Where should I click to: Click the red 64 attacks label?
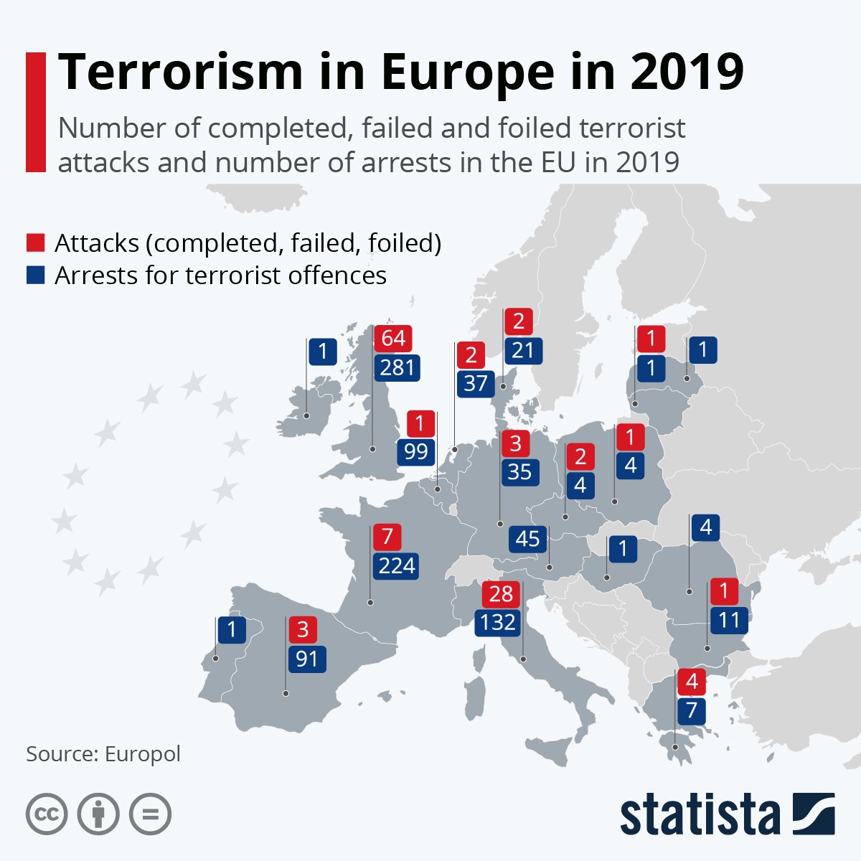click(393, 338)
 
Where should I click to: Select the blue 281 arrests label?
click(397, 367)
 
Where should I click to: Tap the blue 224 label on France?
click(396, 566)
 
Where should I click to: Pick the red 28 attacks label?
click(501, 594)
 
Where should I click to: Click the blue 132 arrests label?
click(497, 622)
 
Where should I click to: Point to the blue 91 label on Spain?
click(306, 659)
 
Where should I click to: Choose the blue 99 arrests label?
click(416, 452)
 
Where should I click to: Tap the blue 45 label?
click(528, 539)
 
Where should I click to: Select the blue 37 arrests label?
click(475, 383)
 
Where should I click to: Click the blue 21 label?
click(523, 350)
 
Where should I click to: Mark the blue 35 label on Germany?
click(519, 471)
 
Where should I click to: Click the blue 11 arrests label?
click(729, 620)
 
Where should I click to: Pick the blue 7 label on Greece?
click(692, 711)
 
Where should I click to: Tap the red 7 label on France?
click(387, 537)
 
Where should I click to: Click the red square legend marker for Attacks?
click(35, 243)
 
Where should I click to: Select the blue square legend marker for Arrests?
click(35, 276)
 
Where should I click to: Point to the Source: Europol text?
click(103, 754)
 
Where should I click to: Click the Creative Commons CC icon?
click(47, 814)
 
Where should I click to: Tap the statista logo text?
click(700, 814)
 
